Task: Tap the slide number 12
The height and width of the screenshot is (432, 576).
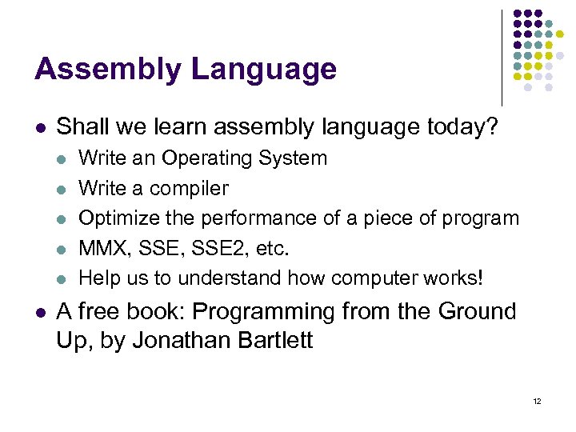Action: click(536, 400)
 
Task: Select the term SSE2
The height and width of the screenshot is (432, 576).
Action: click(217, 248)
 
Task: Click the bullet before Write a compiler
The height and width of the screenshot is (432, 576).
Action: click(63, 190)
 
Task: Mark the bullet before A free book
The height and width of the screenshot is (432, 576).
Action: click(41, 312)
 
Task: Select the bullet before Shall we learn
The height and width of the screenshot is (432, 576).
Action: click(41, 126)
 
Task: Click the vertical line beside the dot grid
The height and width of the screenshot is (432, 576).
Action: click(502, 56)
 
